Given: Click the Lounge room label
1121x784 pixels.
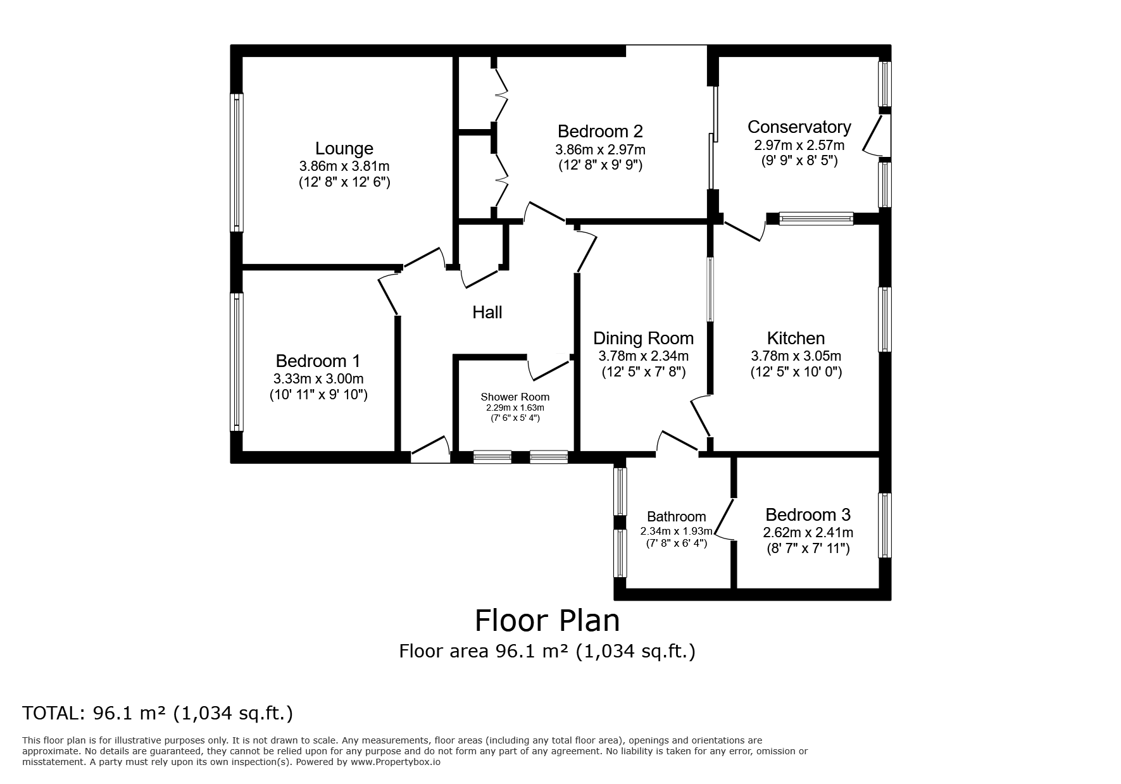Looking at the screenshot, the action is tap(344, 149).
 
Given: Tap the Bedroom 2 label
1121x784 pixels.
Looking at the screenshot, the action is tap(600, 132).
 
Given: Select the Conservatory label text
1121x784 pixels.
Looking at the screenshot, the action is tap(799, 127).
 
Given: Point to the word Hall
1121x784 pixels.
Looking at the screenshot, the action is tap(487, 312).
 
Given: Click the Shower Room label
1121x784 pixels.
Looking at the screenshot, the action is tap(515, 397).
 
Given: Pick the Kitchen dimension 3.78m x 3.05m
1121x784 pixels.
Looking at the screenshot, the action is tap(796, 356).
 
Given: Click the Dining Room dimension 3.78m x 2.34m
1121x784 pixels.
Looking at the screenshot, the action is tap(644, 356).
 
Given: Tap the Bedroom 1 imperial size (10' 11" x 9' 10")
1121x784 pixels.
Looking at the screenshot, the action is tap(318, 395).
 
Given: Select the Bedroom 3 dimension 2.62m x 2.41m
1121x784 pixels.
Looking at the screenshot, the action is tap(808, 533).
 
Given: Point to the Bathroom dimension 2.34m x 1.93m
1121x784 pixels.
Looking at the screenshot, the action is tap(676, 532).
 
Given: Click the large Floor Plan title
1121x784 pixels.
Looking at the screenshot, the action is tap(548, 621).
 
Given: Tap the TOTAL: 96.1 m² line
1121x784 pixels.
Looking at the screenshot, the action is tap(158, 714).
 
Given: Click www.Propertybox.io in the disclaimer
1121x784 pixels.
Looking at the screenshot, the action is tap(396, 762).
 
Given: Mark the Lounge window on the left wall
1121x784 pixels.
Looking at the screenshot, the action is tap(237, 163).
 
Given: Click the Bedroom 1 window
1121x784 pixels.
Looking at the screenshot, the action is tap(237, 362).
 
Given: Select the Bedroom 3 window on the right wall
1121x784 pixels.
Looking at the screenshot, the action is tap(885, 525).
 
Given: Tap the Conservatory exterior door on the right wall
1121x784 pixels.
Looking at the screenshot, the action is tap(879, 135).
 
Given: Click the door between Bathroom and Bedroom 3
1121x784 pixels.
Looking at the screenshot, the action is tap(726, 520).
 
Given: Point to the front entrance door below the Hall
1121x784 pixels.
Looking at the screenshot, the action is tap(430, 449).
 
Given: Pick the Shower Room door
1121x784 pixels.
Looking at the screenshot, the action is tap(549, 368).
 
